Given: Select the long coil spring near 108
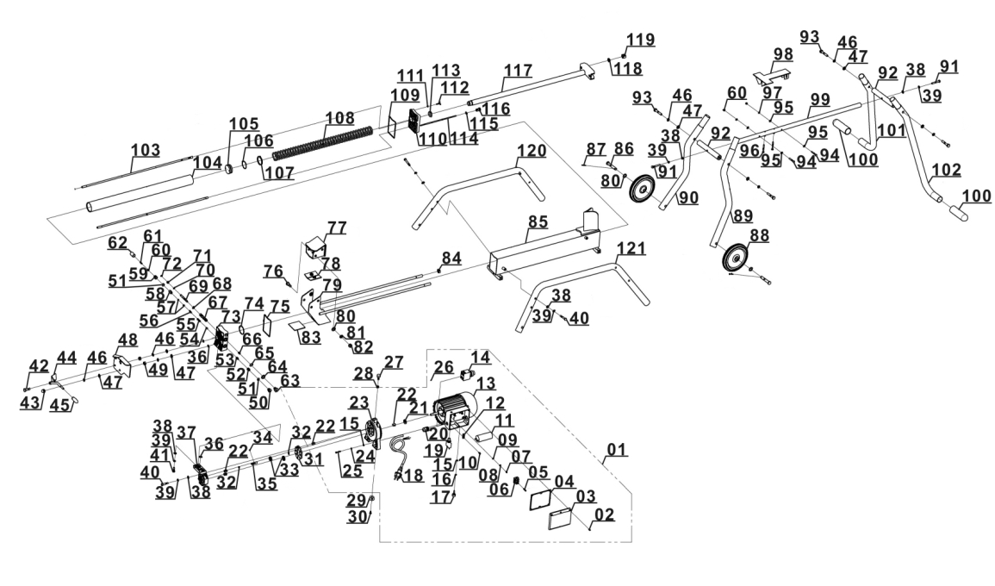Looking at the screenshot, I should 323,143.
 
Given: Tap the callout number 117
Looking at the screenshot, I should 519,69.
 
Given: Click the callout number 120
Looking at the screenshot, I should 532,152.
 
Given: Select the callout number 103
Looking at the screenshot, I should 146,150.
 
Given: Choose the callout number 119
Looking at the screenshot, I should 640,40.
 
